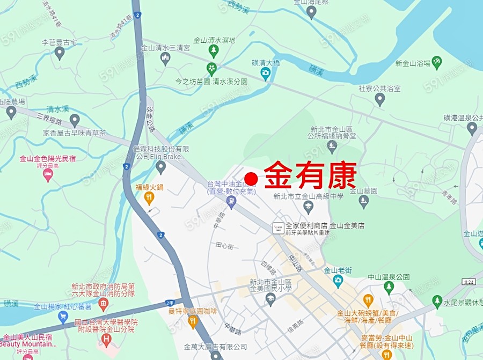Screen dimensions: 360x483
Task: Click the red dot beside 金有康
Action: click(x=251, y=179)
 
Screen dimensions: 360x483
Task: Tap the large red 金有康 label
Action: click(x=311, y=175)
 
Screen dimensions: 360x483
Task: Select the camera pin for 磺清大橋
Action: click(x=265, y=74)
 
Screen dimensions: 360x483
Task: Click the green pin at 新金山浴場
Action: click(x=437, y=62)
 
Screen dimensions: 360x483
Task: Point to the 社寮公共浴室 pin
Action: click(x=380, y=99)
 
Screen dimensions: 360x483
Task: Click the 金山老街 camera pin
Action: click(x=338, y=281)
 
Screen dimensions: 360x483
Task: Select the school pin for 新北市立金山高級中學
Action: click(x=308, y=207)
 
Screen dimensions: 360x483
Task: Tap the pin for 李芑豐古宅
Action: click(x=60, y=53)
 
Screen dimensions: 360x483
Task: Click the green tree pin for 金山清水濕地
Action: click(x=214, y=51)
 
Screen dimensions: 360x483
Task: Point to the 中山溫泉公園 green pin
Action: click(x=389, y=287)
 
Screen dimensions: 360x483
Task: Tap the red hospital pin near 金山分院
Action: click(x=106, y=339)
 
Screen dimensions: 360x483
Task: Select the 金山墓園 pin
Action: click(x=364, y=201)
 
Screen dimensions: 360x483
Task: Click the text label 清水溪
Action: click(x=57, y=108)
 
